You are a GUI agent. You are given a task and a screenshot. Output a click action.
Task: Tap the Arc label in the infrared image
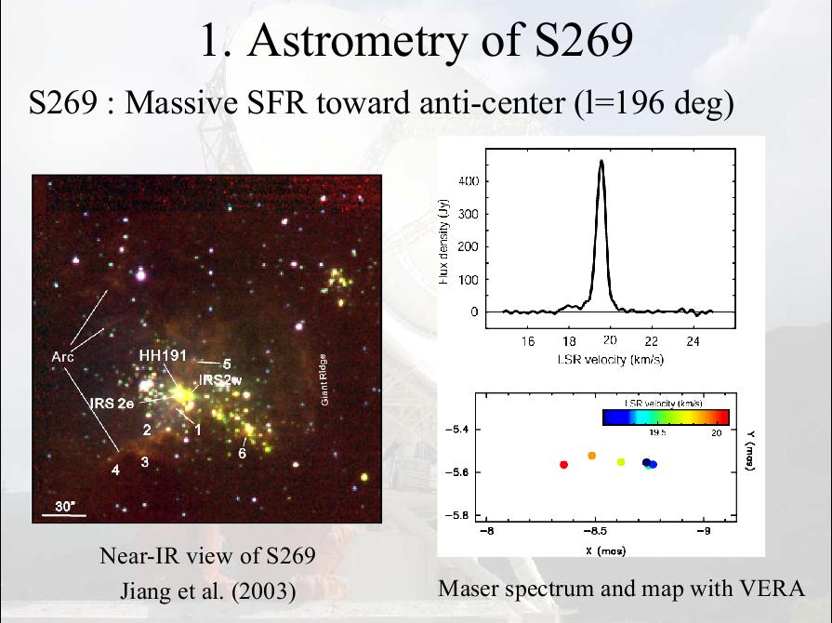(62, 356)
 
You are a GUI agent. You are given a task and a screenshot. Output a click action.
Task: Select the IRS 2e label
(112, 403)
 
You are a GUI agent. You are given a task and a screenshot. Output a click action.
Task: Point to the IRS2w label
(220, 379)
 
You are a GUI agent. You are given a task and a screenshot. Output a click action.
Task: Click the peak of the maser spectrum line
(601, 162)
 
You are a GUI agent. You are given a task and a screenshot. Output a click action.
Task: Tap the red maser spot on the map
(563, 464)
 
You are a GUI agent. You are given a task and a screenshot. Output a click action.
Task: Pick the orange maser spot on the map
(592, 456)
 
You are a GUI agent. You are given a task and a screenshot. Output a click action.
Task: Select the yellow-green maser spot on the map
(621, 461)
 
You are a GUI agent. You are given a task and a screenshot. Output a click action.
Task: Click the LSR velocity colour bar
(665, 418)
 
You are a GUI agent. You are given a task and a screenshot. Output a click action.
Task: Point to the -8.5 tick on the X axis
(595, 532)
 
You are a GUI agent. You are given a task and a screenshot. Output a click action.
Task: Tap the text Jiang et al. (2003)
(208, 591)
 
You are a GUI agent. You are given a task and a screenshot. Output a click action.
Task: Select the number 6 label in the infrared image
(242, 454)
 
